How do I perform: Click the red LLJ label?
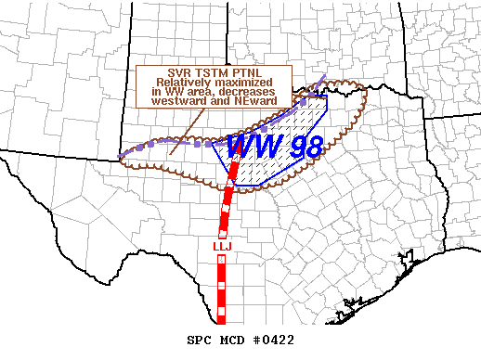point(221,246)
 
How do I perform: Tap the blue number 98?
point(290,146)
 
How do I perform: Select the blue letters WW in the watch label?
point(245,146)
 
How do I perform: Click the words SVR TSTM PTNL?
point(214,72)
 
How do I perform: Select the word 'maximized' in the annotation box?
point(244,84)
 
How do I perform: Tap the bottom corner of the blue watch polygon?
point(236,184)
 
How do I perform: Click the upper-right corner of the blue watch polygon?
point(327,96)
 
